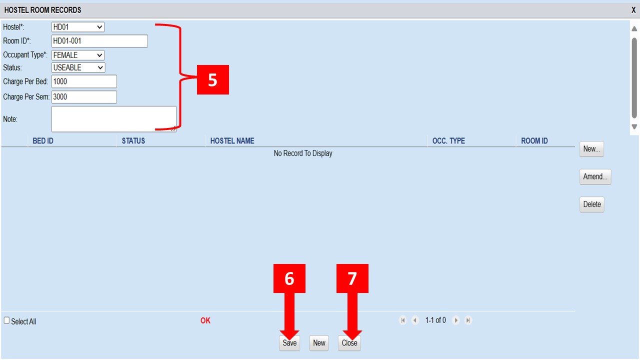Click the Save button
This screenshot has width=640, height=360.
pyautogui.click(x=289, y=343)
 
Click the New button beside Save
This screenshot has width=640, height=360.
pyautogui.click(x=319, y=343)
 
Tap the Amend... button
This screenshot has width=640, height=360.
pyautogui.click(x=595, y=176)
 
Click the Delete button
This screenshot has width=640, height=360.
pyautogui.click(x=591, y=204)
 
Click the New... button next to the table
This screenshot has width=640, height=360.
pyautogui.click(x=591, y=149)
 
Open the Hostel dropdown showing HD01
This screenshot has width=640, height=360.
pyautogui.click(x=77, y=27)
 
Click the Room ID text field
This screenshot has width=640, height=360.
pyautogui.click(x=99, y=41)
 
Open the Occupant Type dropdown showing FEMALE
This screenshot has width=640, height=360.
pyautogui.click(x=77, y=55)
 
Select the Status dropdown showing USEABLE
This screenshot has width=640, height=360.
pyautogui.click(x=78, y=67)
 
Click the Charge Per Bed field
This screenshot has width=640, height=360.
pyautogui.click(x=84, y=81)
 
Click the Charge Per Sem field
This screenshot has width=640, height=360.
pyautogui.click(x=84, y=97)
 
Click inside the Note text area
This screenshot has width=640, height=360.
pyautogui.click(x=113, y=119)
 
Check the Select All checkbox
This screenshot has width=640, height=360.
pyautogui.click(x=6, y=320)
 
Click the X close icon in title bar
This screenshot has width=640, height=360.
pyautogui.click(x=633, y=10)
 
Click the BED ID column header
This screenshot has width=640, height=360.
pyautogui.click(x=43, y=141)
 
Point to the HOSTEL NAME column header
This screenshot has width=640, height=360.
pyautogui.click(x=232, y=141)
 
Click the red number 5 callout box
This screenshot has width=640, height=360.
pyautogui.click(x=213, y=79)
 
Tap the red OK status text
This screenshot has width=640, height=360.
pyautogui.click(x=205, y=320)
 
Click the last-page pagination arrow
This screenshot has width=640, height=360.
pyautogui.click(x=468, y=320)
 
